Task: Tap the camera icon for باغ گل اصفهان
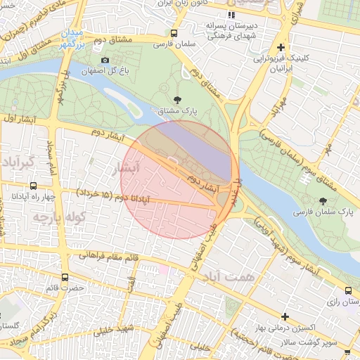tap(105, 60)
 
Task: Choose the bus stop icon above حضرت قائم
tap(65, 277)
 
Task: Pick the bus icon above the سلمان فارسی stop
tap(174, 32)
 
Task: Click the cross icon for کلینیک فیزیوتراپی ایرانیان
tap(281, 48)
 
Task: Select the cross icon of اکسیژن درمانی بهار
tap(285, 316)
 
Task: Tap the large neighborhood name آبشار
tap(127, 168)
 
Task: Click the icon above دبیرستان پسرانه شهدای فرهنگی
tap(231, 15)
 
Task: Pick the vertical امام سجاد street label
tap(51, 156)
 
